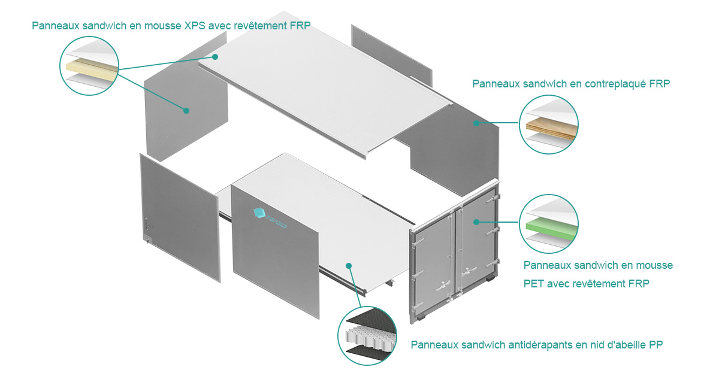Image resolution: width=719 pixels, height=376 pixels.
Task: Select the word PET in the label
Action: point(533,283)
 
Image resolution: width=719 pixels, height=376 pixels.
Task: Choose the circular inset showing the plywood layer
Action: point(549,124)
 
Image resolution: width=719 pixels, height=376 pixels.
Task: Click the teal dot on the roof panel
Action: point(215,56)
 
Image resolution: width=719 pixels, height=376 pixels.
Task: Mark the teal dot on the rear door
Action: point(476,222)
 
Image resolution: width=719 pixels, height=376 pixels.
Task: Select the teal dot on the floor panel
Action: point(349,264)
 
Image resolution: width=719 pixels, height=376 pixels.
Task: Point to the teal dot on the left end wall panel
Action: point(186,110)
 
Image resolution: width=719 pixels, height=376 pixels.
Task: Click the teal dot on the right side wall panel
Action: point(476,123)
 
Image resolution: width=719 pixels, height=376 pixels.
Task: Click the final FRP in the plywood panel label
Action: point(659,84)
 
